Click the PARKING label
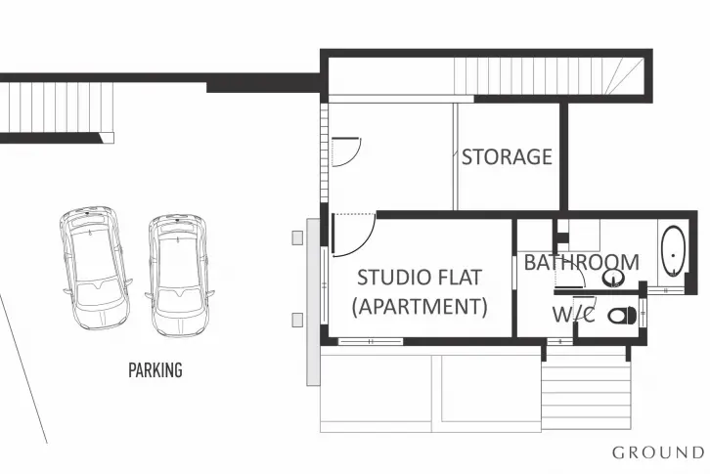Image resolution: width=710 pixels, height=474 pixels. (155, 370)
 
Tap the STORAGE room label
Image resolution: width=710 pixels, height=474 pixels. (507, 156)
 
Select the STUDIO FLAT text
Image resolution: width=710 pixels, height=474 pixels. (420, 278)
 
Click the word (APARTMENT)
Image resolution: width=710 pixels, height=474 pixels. (420, 307)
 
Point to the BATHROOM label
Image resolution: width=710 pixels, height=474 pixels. (582, 262)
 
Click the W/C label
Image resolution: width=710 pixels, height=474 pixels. (573, 314)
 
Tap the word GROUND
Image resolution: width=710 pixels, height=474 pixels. (658, 452)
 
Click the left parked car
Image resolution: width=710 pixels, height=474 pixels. (96, 267)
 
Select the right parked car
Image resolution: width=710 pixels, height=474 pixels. (179, 276)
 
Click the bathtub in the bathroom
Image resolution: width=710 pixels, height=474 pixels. (673, 251)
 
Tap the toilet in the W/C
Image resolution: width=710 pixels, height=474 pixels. (622, 316)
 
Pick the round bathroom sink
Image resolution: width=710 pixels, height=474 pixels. (614, 278)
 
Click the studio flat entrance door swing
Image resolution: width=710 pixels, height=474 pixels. (353, 235)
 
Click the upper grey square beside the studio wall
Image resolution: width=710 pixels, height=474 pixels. (297, 237)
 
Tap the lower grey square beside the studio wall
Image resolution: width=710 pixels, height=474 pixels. (297, 320)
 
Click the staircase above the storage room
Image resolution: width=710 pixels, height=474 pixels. (549, 76)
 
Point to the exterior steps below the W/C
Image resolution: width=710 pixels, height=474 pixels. (586, 391)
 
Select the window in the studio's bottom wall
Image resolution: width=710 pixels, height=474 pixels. (371, 341)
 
